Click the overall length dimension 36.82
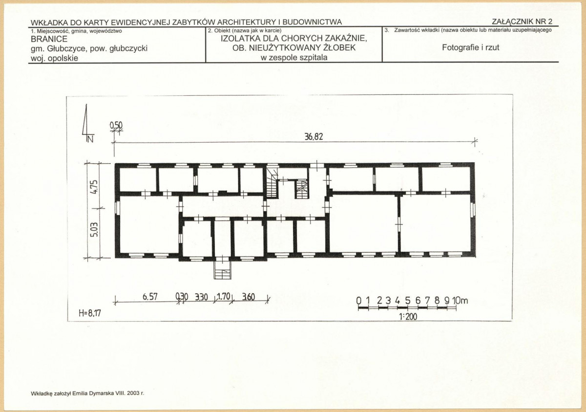(x=314, y=137)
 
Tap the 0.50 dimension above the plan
(x=116, y=126)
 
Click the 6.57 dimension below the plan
(x=150, y=297)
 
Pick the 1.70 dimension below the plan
(x=224, y=296)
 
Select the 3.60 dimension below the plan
(x=249, y=297)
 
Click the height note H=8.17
(x=90, y=313)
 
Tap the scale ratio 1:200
(x=408, y=317)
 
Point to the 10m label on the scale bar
(x=460, y=301)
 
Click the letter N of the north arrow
(x=90, y=139)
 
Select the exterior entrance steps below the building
(x=223, y=270)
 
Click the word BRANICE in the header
(x=49, y=39)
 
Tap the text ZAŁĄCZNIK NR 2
(x=522, y=21)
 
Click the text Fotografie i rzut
(x=471, y=47)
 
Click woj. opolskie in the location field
(x=54, y=58)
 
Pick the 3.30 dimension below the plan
(x=201, y=297)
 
